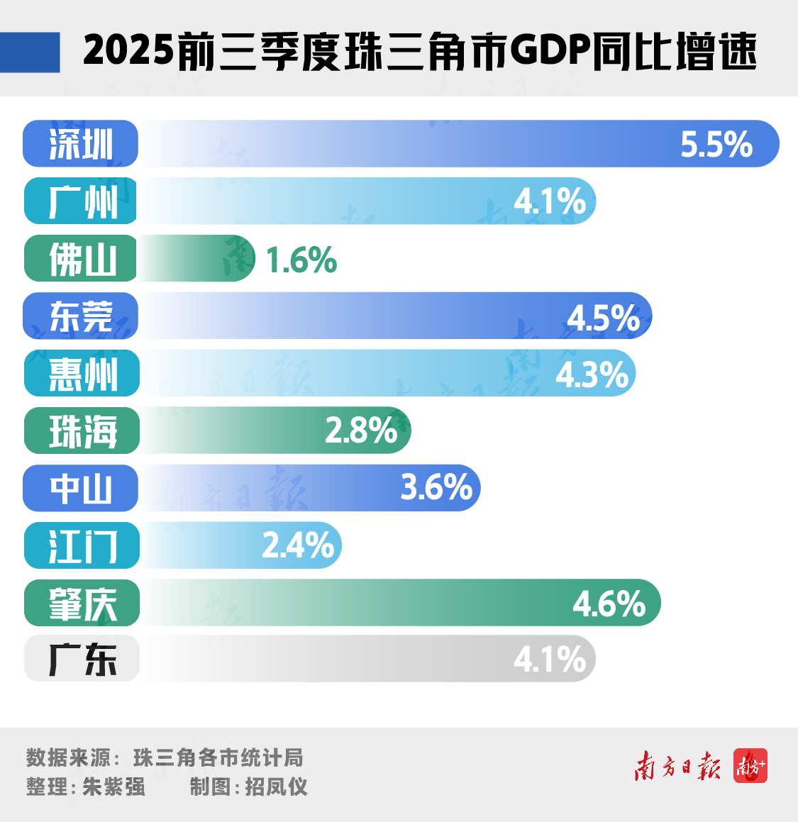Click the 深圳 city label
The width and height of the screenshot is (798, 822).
pyautogui.click(x=80, y=144)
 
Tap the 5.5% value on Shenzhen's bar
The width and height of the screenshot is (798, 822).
pyautogui.click(x=716, y=144)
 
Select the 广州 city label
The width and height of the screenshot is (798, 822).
pyautogui.click(x=81, y=201)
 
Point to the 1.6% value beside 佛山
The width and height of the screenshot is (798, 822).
pyautogui.click(x=301, y=260)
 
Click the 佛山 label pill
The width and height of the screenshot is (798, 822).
pyautogui.click(x=81, y=259)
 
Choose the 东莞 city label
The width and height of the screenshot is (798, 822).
pyautogui.click(x=81, y=316)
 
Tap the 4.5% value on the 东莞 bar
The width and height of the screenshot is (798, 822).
pyautogui.click(x=603, y=318)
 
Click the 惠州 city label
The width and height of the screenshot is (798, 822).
pyautogui.click(x=82, y=374)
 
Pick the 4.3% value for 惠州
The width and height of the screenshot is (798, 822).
pyautogui.click(x=592, y=374)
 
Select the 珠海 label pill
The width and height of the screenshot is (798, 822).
pyautogui.click(x=82, y=431)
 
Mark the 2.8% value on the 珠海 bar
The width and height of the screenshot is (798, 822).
pyautogui.click(x=361, y=431)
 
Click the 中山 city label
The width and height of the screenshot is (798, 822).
pyautogui.click(x=81, y=489)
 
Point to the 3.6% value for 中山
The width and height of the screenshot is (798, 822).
pyautogui.click(x=436, y=488)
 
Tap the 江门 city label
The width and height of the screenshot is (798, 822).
pyautogui.click(x=82, y=546)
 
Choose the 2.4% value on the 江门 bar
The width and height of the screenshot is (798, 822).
pyautogui.click(x=298, y=545)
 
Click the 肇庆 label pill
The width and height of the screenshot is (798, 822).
pyautogui.click(x=82, y=604)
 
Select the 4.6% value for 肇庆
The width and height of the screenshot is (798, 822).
pyautogui.click(x=609, y=604)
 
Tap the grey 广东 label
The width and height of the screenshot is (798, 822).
pyautogui.click(x=82, y=660)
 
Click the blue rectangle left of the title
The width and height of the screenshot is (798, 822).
pyautogui.click(x=30, y=52)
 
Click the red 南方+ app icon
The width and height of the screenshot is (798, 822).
pyautogui.click(x=750, y=766)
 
